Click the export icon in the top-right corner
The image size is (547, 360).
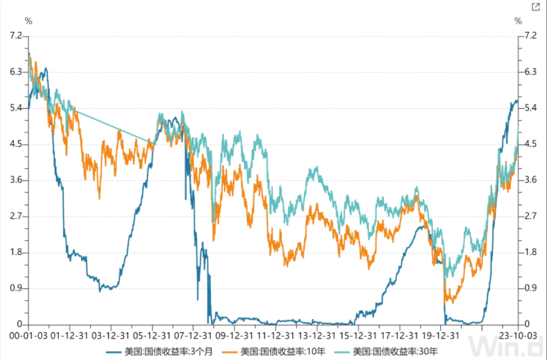coord(535,7)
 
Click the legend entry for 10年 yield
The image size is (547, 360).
coord(276,350)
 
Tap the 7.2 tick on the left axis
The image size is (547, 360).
coord(15,36)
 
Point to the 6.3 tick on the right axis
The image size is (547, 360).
coord(531,72)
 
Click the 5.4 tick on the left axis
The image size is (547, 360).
coord(15,108)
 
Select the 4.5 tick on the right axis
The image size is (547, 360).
coord(531,144)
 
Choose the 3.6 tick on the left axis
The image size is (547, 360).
coord(15,180)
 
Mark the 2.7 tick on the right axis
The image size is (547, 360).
coord(531,216)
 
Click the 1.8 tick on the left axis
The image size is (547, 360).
coord(15,252)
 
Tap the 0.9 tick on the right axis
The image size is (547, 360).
coord(531,288)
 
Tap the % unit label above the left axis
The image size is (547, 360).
coord(28,21)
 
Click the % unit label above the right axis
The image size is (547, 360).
coord(518,21)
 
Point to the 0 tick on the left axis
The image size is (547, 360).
coord(20,324)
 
